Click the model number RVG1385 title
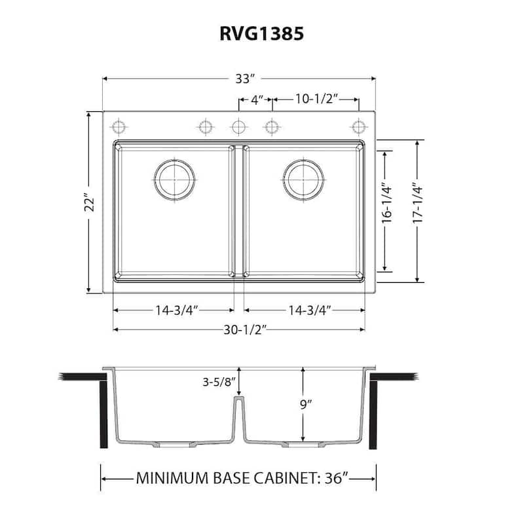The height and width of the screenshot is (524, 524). pyautogui.click(x=261, y=34)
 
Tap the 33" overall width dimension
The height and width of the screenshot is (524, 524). pyautogui.click(x=244, y=79)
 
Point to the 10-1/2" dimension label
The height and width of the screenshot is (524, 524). pyautogui.click(x=315, y=100)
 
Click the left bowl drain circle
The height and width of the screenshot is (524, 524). pyautogui.click(x=174, y=178)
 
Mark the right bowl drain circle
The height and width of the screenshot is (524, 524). pyautogui.click(x=303, y=178)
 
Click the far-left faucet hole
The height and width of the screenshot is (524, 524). pyautogui.click(x=119, y=126)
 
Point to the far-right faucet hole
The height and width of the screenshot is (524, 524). pyautogui.click(x=358, y=126)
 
